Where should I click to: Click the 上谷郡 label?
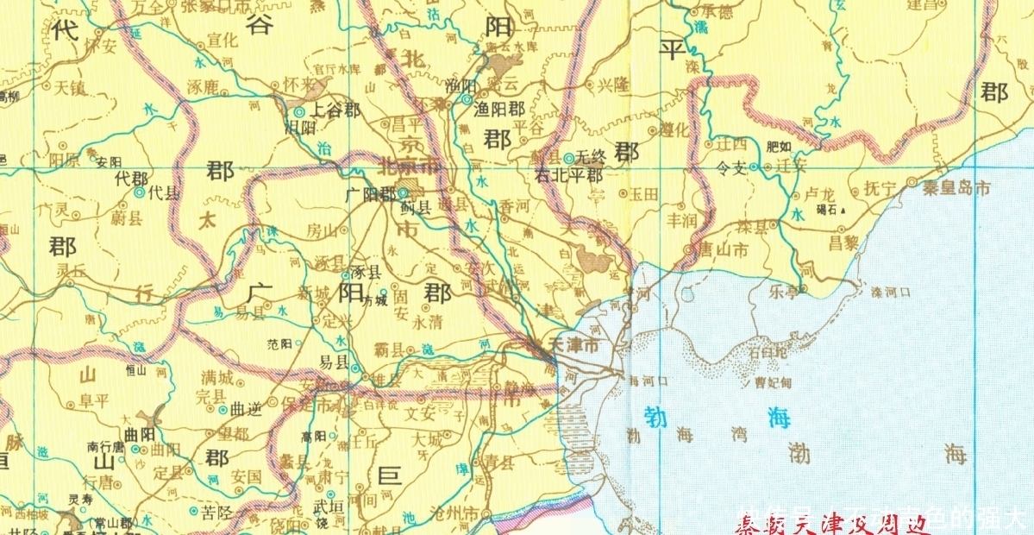pyautogui.click(x=335, y=111)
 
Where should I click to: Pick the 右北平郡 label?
pyautogui.click(x=568, y=175)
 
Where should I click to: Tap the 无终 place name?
pyautogui.click(x=592, y=157)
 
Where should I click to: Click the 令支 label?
pyautogui.click(x=730, y=169)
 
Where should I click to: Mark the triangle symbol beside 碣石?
pyautogui.click(x=844, y=211)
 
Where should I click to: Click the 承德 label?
pyautogui.click(x=716, y=11)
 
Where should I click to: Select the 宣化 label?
pyautogui.click(x=222, y=40)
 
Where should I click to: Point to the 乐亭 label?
pyautogui.click(x=785, y=293)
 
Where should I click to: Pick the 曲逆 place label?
pyautogui.click(x=245, y=409)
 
